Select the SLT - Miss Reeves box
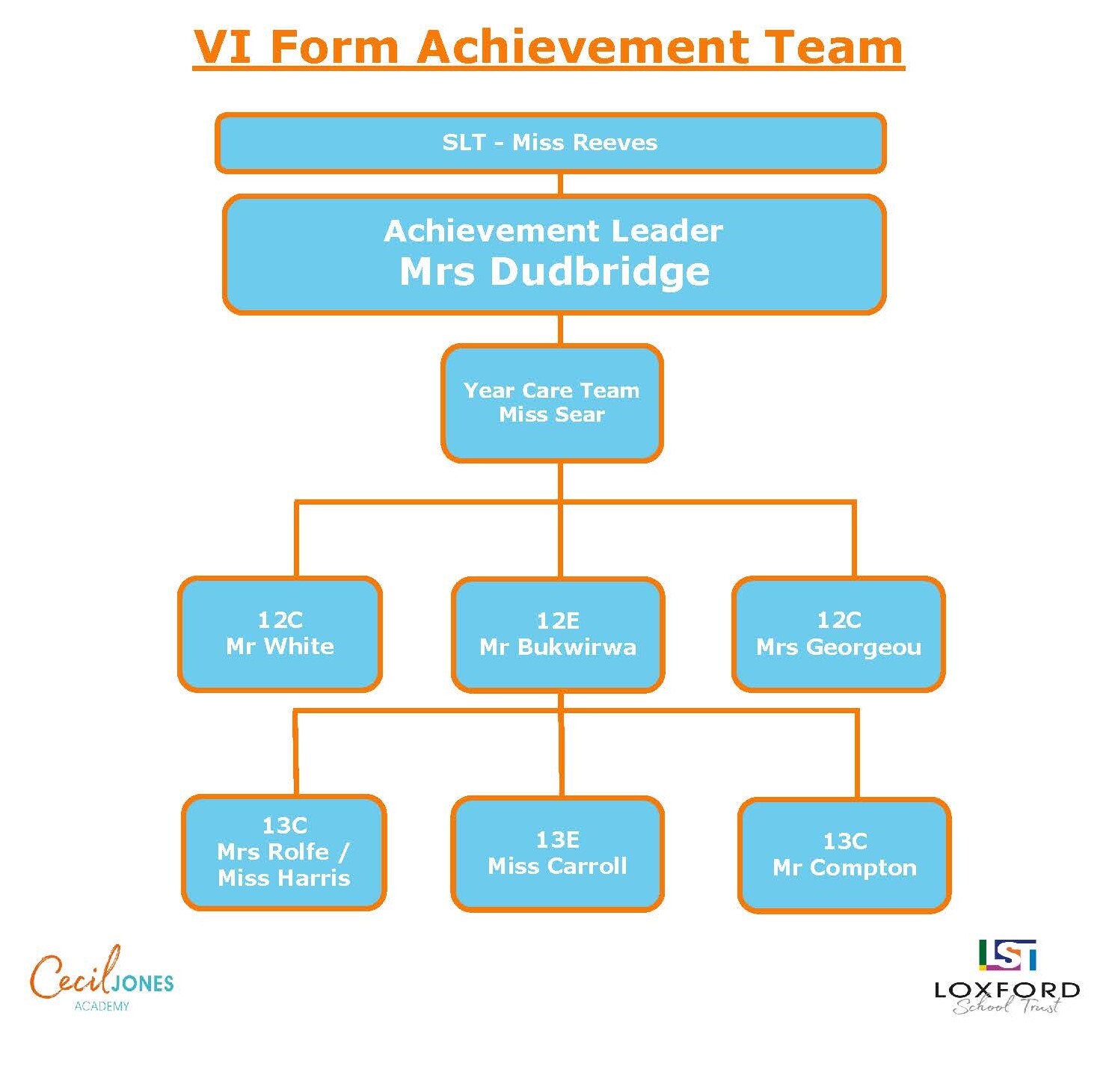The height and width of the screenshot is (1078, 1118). click(x=550, y=143)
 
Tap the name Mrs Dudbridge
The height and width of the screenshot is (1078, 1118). click(x=554, y=271)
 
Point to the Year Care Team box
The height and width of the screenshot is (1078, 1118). click(x=552, y=403)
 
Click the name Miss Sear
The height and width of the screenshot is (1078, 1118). click(x=552, y=415)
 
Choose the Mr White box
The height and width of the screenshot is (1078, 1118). click(x=280, y=634)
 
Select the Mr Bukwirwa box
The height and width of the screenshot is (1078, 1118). click(x=558, y=635)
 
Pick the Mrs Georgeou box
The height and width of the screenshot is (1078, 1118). click(x=838, y=634)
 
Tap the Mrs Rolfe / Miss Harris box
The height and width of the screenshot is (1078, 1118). click(x=284, y=852)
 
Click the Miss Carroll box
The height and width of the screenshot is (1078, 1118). click(x=558, y=854)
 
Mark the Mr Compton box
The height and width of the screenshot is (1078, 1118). click(x=844, y=855)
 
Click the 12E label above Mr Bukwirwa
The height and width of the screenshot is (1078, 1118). click(x=558, y=620)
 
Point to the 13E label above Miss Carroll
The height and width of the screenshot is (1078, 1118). click(x=558, y=840)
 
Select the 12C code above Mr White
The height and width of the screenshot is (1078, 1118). click(x=280, y=620)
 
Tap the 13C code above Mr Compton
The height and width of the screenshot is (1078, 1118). click(x=845, y=841)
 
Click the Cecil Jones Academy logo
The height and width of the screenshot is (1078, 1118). click(x=102, y=978)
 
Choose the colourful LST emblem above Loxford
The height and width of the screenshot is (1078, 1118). click(x=1007, y=955)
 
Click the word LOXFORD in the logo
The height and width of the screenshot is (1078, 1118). click(x=1007, y=991)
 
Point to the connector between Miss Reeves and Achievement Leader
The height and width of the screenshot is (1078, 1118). click(x=560, y=185)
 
